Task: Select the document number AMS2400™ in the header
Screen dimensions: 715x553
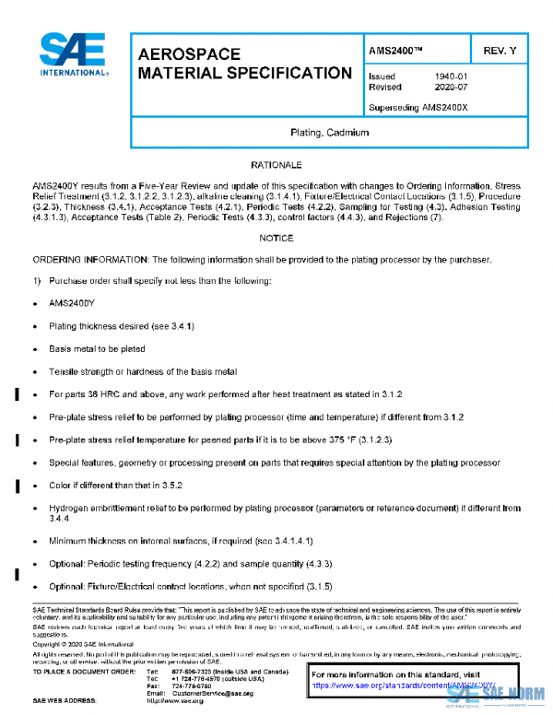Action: [x=395, y=49]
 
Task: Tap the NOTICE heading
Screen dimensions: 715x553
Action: [x=276, y=238]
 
